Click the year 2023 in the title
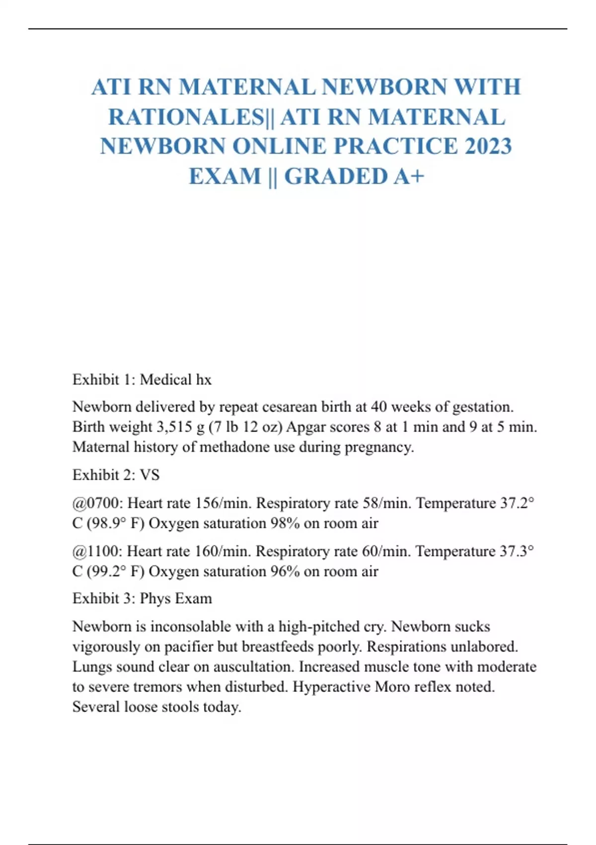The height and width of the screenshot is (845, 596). (488, 146)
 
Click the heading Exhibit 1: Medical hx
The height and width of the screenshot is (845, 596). (142, 380)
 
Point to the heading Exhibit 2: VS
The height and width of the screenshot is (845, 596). (116, 475)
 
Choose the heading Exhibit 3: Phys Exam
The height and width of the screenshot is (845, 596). (142, 598)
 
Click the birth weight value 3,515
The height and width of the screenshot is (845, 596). (175, 427)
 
